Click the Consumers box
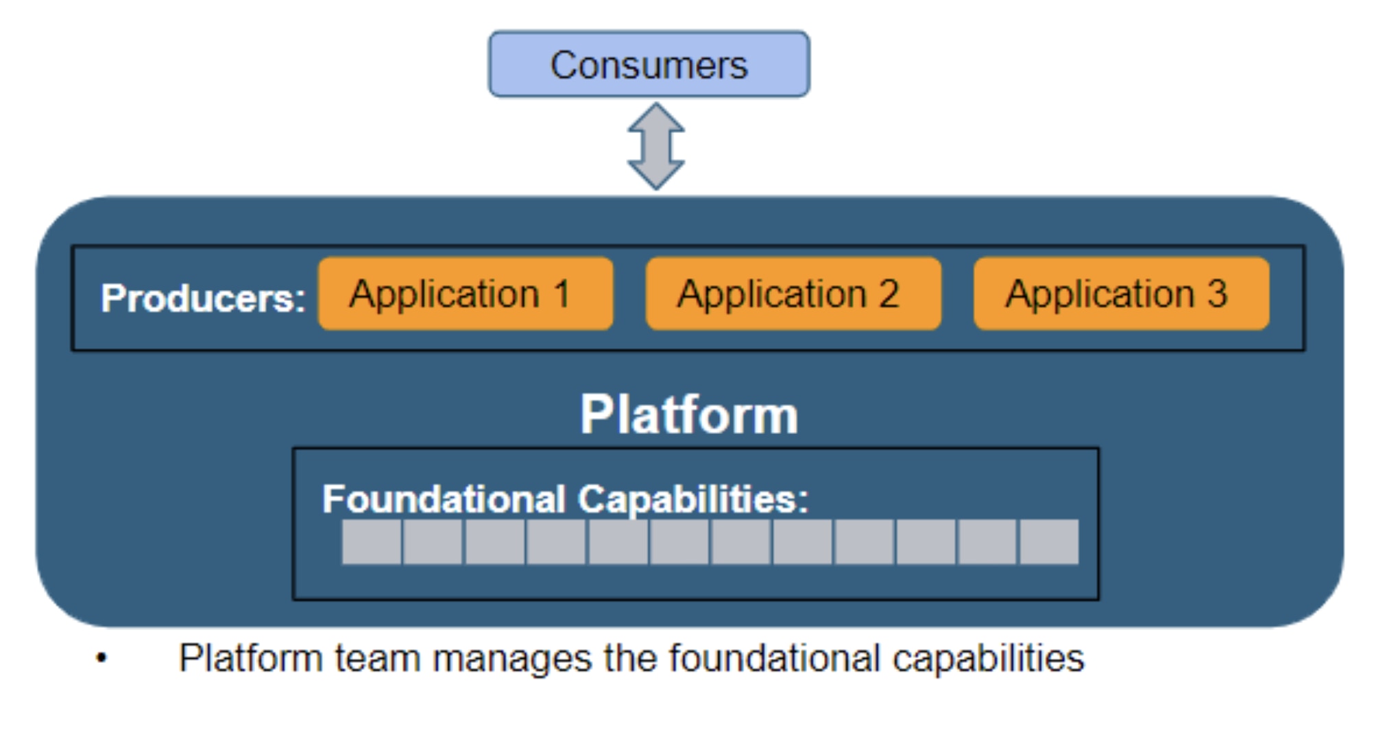pyautogui.click(x=649, y=64)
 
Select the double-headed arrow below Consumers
pyautogui.click(x=656, y=147)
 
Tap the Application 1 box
pyautogui.click(x=466, y=294)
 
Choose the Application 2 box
pyautogui.click(x=793, y=294)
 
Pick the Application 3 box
pyautogui.click(x=1121, y=294)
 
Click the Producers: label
pyautogui.click(x=203, y=298)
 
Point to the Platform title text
pyautogui.click(x=689, y=415)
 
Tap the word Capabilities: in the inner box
pyautogui.click(x=693, y=499)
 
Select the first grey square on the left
pyautogui.click(x=371, y=542)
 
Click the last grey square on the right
pyautogui.click(x=1049, y=542)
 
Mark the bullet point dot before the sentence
pyautogui.click(x=101, y=659)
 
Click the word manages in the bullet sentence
pyautogui.click(x=511, y=659)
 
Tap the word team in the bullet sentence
pyautogui.click(x=377, y=659)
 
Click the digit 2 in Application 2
pyautogui.click(x=889, y=294)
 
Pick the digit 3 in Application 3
pyautogui.click(x=1217, y=294)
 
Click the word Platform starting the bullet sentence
pyautogui.click(x=250, y=659)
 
